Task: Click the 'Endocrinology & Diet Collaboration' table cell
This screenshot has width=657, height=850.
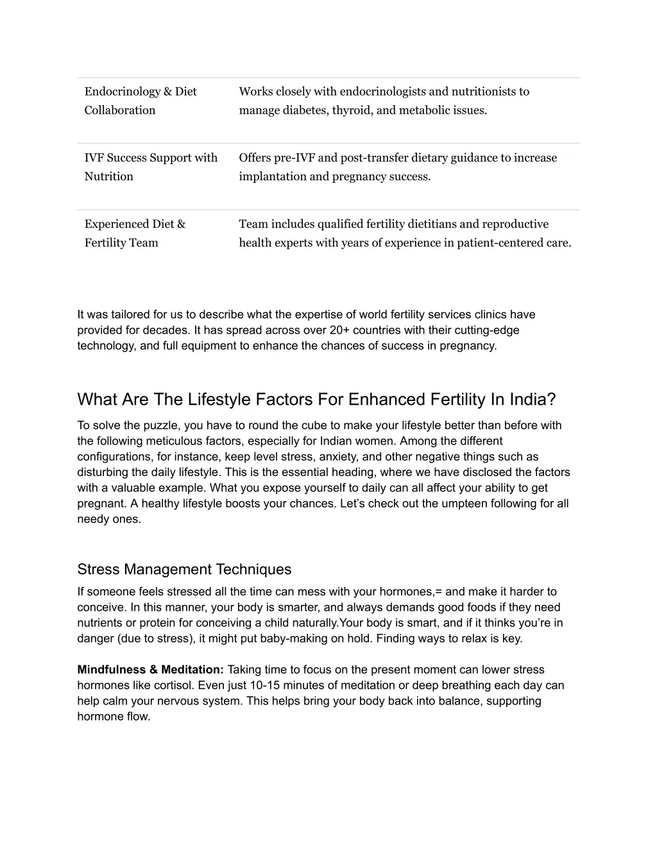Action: (x=141, y=101)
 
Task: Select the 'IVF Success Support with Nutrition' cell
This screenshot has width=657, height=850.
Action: (x=151, y=167)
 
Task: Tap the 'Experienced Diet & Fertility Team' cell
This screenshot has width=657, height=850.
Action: (x=135, y=234)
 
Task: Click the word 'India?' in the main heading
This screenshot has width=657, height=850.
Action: (x=533, y=400)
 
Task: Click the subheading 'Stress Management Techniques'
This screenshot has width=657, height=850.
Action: (x=184, y=570)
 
